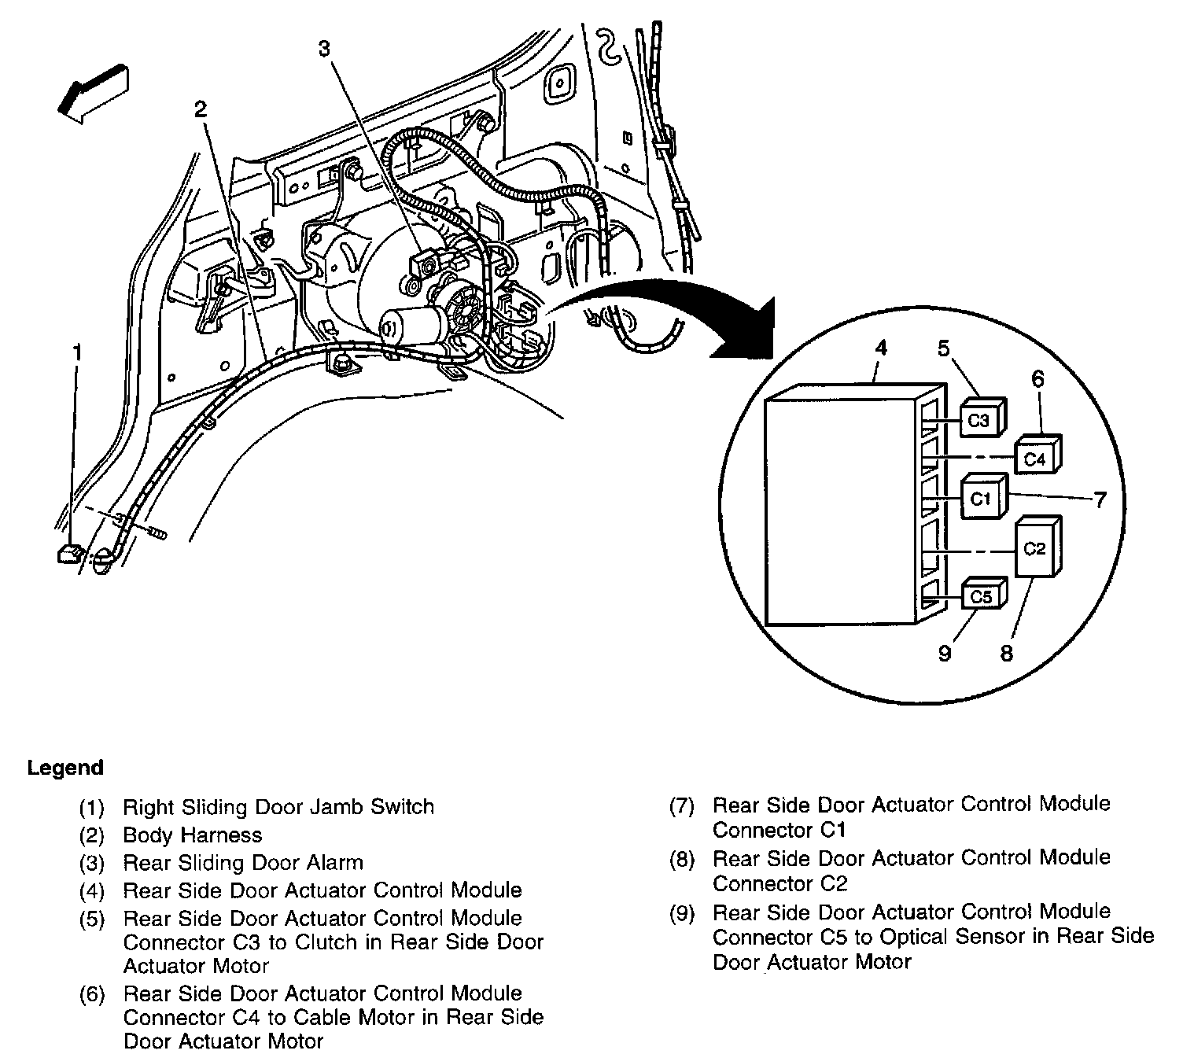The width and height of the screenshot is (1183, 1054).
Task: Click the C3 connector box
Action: tap(978, 420)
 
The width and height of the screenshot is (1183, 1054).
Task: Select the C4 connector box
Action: tap(1035, 458)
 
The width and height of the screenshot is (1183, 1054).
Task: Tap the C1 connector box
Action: tap(981, 498)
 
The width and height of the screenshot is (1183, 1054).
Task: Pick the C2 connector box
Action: tap(1035, 548)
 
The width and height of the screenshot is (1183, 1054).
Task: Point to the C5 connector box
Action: tap(981, 596)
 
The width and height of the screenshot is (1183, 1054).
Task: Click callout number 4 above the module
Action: tap(882, 348)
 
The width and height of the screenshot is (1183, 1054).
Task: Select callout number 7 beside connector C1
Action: tap(1099, 499)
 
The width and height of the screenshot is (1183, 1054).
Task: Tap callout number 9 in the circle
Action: tap(945, 653)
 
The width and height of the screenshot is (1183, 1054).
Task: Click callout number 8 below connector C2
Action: tap(1007, 653)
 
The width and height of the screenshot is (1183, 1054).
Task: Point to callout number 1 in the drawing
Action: tap(77, 353)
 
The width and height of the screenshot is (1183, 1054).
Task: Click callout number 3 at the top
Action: tap(324, 49)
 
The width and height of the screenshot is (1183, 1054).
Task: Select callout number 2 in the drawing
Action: tap(201, 109)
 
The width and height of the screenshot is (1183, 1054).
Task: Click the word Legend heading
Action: tap(65, 768)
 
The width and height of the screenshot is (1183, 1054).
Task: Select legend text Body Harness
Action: tap(193, 835)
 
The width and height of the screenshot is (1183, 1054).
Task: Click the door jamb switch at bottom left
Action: tap(69, 554)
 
